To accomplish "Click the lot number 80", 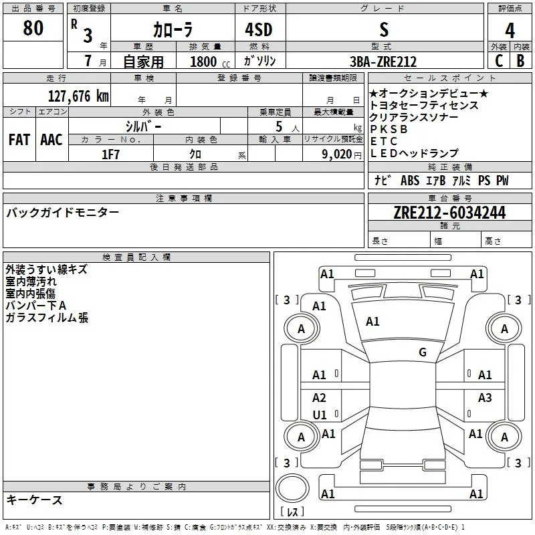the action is click(33, 27).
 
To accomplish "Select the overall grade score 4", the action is click(510, 31).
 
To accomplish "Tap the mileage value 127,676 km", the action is click(78, 96).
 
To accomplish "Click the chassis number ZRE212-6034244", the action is click(449, 212).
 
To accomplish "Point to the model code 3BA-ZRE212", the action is click(383, 62).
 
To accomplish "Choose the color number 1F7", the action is click(110, 154).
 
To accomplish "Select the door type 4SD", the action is click(259, 29).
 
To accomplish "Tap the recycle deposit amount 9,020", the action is click(336, 154).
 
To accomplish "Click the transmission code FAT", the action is click(19, 139).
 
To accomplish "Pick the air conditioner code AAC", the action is click(51, 139).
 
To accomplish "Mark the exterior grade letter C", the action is click(498, 60).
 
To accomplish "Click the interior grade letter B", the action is click(520, 60).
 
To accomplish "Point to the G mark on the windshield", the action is click(423, 352).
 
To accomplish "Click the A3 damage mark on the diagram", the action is click(484, 397).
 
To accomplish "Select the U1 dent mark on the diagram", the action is click(320, 415).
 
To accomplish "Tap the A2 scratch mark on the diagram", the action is click(319, 397).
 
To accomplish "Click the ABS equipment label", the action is click(410, 180).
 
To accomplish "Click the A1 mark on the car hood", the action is click(372, 321).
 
